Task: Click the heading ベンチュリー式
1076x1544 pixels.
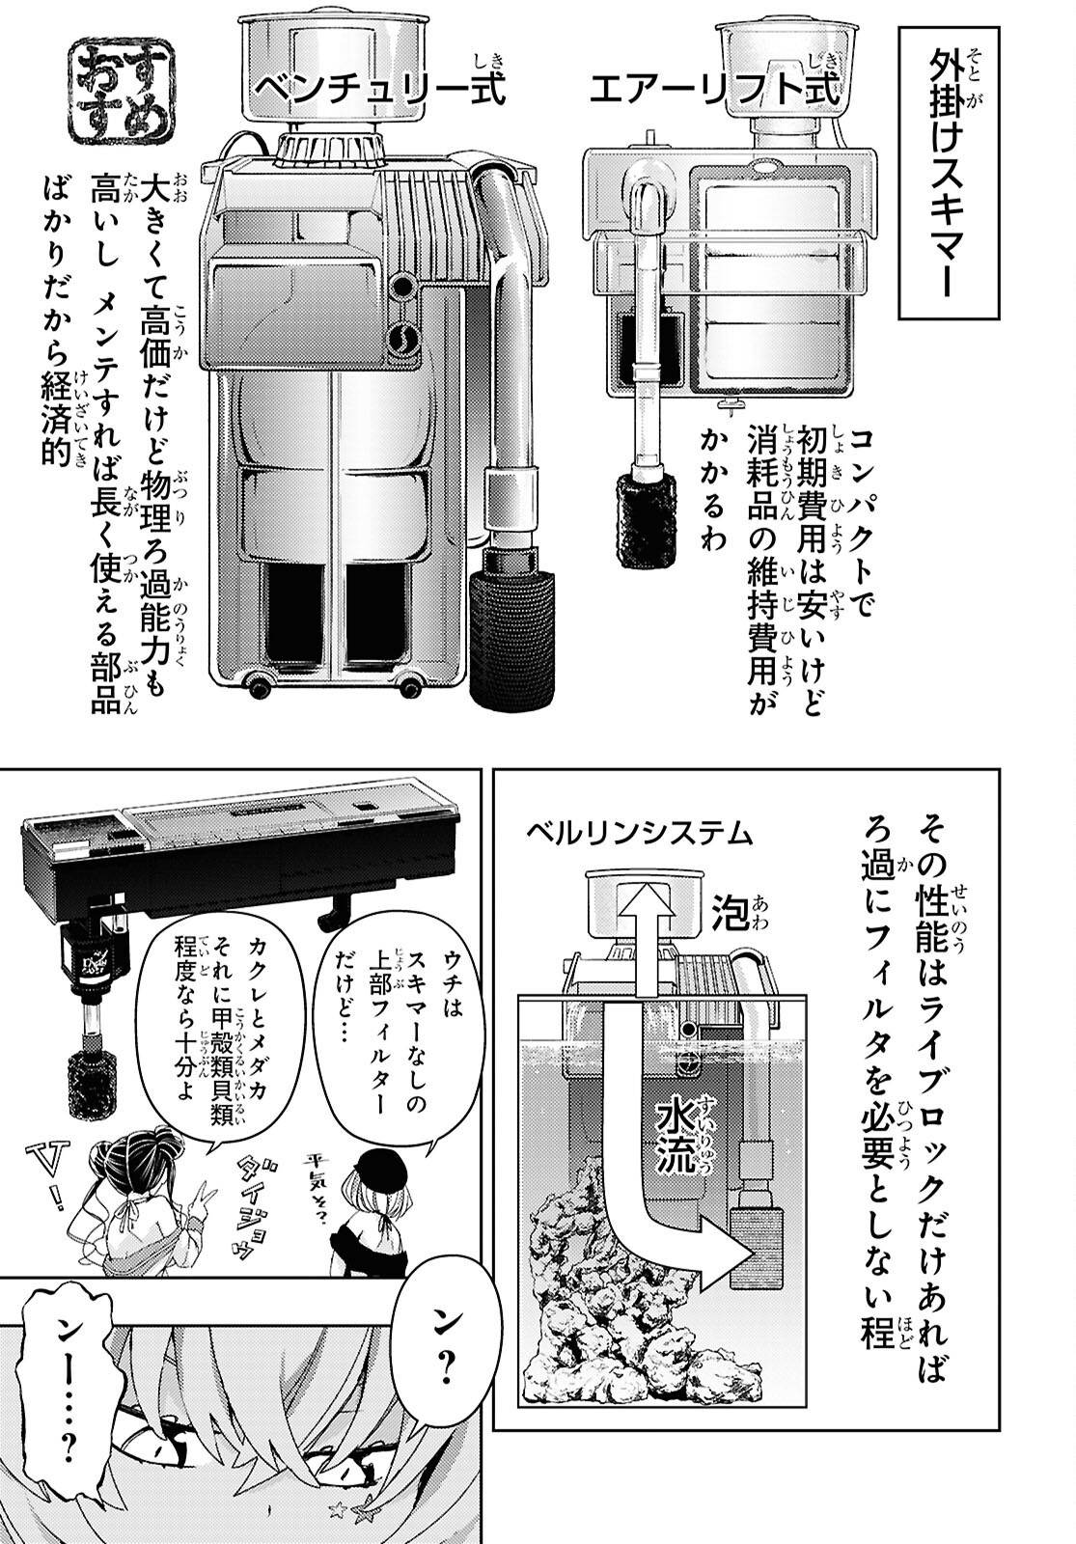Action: coord(379,90)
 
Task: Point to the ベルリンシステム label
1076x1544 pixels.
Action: coord(640,832)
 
